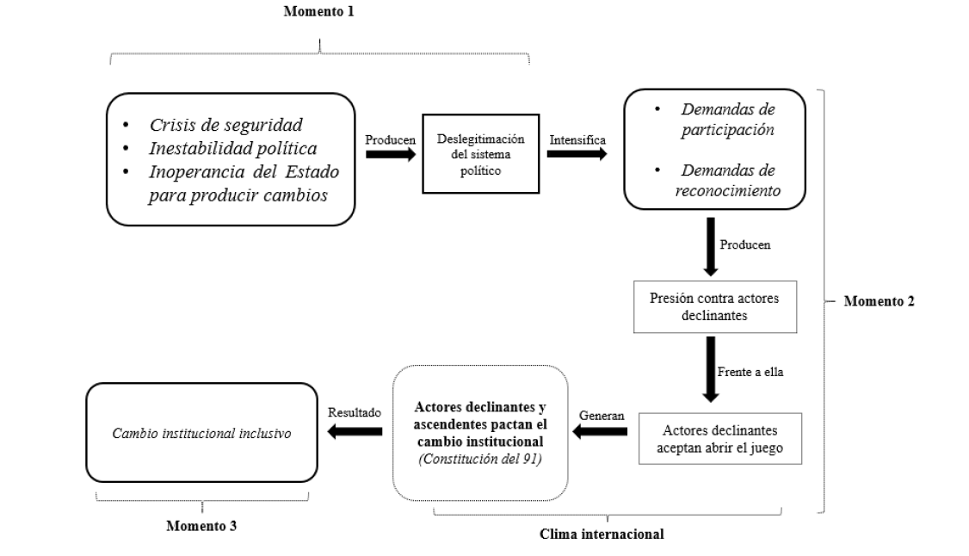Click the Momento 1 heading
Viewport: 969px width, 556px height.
318,12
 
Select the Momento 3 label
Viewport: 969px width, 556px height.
202,525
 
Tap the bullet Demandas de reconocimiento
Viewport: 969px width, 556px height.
730,182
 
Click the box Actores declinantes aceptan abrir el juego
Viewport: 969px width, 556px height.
720,440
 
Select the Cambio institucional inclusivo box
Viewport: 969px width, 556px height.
201,434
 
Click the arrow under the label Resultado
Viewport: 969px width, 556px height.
354,434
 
